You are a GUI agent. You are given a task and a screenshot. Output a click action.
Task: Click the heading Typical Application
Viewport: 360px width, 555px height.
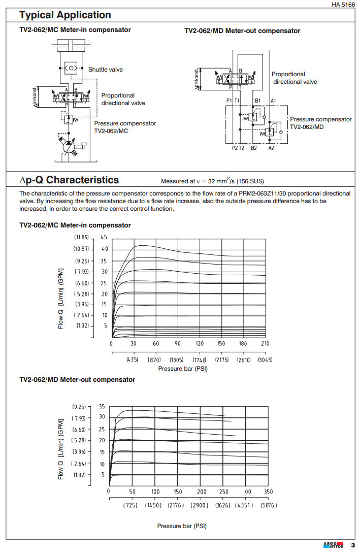(65, 15)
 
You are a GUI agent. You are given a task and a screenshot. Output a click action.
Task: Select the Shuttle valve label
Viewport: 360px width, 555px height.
(106, 70)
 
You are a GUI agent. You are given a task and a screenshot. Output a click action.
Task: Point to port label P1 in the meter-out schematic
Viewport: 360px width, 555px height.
(230, 101)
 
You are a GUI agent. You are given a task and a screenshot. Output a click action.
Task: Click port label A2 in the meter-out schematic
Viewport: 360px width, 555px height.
(272, 148)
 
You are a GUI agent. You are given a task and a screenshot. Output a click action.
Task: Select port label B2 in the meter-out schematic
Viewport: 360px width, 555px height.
(254, 148)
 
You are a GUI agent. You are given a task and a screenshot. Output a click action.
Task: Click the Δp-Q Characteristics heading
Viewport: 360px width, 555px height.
(69, 180)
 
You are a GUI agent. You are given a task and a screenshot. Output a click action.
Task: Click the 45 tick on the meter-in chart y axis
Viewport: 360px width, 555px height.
(104, 237)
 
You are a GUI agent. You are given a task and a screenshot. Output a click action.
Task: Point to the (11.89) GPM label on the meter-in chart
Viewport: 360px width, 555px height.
(81, 237)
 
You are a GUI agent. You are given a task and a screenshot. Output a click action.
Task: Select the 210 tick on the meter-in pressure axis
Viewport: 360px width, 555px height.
(265, 344)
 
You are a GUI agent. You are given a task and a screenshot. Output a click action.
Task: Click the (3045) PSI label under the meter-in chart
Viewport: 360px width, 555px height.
(265, 360)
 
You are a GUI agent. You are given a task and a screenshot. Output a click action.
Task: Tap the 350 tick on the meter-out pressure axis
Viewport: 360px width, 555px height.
(269, 492)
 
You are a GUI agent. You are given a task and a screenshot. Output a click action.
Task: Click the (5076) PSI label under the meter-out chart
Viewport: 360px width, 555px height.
(269, 506)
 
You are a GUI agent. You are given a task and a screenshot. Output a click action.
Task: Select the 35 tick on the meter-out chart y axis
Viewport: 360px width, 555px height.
(102, 407)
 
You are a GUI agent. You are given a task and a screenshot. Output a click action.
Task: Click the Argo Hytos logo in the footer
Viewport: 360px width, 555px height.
(333, 546)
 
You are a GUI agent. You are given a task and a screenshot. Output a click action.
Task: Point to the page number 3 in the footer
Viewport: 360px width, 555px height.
(352, 546)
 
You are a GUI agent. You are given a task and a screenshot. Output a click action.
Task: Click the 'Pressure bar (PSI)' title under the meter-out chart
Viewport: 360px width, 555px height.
(182, 526)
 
